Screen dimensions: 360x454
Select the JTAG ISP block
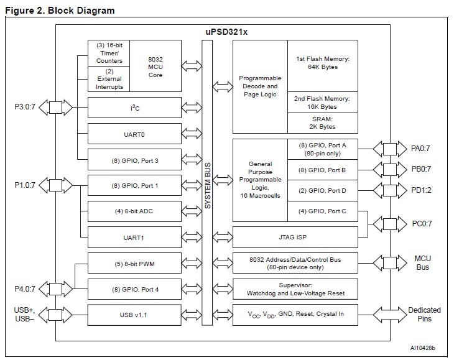click(x=295, y=237)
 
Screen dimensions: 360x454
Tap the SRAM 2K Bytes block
click(x=323, y=122)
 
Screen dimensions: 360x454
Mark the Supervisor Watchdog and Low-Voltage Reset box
click(x=295, y=288)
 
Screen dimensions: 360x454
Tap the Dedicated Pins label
click(x=424, y=314)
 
